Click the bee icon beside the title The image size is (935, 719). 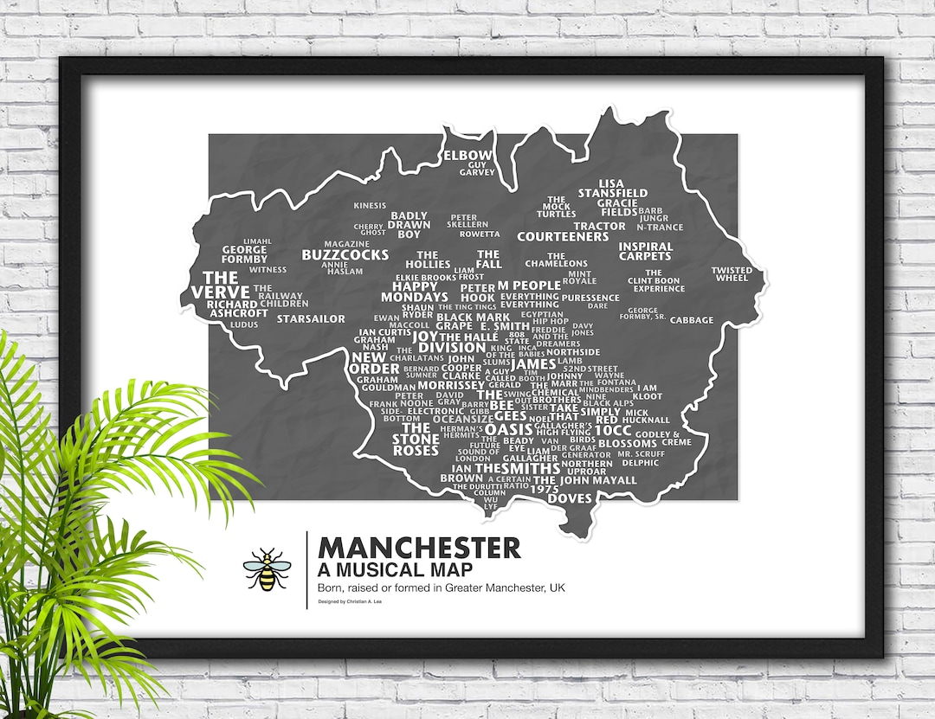coord(267,569)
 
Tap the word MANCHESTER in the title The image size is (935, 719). coord(419,548)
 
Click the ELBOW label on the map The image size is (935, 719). coord(467,156)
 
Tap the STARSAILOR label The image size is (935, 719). coord(311,319)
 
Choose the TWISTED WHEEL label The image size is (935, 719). coord(732,274)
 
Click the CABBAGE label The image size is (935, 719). coord(692,320)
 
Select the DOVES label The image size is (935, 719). coord(570,498)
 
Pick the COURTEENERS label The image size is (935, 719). coord(563,236)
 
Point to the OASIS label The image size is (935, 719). coord(508,429)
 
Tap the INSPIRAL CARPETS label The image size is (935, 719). coord(645,251)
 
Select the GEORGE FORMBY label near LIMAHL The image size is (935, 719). coord(244,254)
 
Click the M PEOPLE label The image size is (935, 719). coord(529,286)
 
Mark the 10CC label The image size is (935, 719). coord(613,429)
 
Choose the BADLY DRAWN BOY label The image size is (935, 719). coord(409,225)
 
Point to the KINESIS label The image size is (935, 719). coord(371,206)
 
